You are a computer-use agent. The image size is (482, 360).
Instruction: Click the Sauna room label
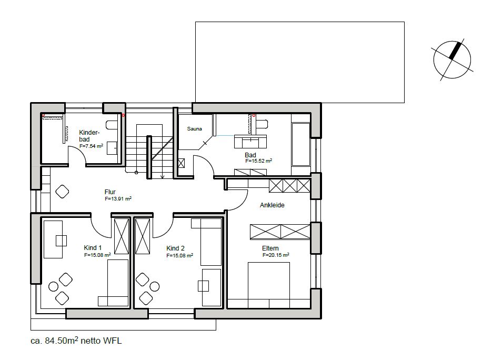point(194,129)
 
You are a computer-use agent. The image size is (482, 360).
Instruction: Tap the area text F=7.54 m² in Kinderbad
point(92,146)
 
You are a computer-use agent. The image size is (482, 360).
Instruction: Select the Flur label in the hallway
point(110,192)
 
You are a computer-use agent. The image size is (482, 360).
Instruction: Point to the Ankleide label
point(272,205)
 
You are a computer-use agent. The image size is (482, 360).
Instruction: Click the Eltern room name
point(270,248)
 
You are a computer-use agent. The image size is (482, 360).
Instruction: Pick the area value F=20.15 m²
point(276,255)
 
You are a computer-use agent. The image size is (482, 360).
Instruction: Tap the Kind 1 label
point(93,248)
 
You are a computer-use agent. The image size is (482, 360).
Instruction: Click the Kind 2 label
point(175,248)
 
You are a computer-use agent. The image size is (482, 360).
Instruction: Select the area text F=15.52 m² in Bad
point(258,161)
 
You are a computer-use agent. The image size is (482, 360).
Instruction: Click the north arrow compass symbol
point(452,60)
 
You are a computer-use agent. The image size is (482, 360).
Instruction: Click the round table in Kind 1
point(54,286)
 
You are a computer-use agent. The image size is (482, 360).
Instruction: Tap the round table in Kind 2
point(155,286)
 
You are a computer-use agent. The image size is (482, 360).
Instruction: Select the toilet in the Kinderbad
point(111,125)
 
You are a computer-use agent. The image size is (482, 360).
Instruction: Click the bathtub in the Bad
point(301,145)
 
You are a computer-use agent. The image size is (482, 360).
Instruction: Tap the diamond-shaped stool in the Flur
point(62,192)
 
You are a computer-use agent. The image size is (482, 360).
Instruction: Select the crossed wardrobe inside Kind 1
point(122,236)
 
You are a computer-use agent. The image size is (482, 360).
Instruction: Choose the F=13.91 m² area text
point(118,199)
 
